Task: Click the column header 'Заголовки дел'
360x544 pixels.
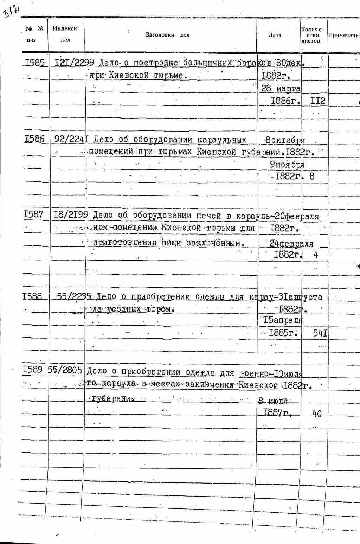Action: click(167, 35)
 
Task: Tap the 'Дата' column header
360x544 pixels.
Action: click(275, 35)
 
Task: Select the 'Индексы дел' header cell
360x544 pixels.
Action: click(65, 34)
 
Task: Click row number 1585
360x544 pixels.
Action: click(34, 63)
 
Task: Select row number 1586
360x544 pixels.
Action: click(34, 139)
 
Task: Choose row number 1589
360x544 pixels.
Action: click(33, 370)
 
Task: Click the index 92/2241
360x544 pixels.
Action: click(70, 139)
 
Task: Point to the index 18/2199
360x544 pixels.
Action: click(70, 215)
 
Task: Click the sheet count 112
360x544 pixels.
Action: click(318, 101)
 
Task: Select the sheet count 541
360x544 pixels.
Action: click(320, 333)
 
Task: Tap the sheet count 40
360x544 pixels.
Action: click(316, 414)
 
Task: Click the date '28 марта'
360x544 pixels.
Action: click(281, 89)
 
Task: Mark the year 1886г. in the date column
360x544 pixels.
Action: click(285, 101)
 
